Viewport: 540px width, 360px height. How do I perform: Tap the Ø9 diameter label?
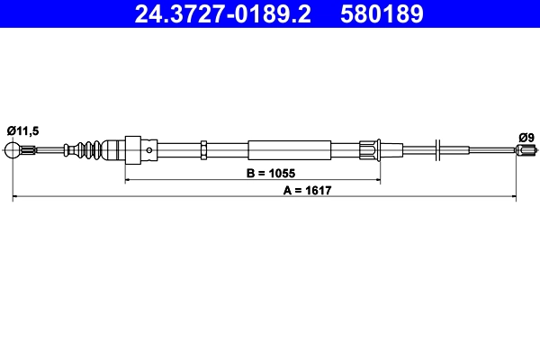click(x=526, y=136)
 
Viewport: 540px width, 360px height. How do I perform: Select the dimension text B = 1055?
click(x=270, y=172)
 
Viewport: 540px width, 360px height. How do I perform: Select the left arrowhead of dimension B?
click(x=128, y=181)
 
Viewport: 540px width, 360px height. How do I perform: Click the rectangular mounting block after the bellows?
click(x=130, y=150)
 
